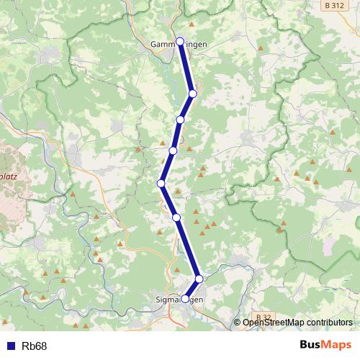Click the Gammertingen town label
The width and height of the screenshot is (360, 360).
tap(179, 45)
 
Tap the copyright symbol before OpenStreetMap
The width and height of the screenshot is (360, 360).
tap(238, 323)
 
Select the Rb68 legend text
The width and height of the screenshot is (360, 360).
tap(34, 346)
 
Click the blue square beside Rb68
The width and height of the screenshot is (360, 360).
tap(10, 346)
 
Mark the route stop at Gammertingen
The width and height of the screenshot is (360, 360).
tap(180, 41)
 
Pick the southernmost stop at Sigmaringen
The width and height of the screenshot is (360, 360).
tap(185, 298)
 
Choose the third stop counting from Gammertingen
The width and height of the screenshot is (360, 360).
tap(181, 120)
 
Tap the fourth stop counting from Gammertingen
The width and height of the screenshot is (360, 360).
tap(173, 150)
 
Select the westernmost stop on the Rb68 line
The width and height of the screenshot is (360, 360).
tap(161, 184)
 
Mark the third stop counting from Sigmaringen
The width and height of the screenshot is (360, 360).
tap(176, 217)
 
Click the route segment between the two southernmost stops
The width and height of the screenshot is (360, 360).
tap(192, 289)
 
